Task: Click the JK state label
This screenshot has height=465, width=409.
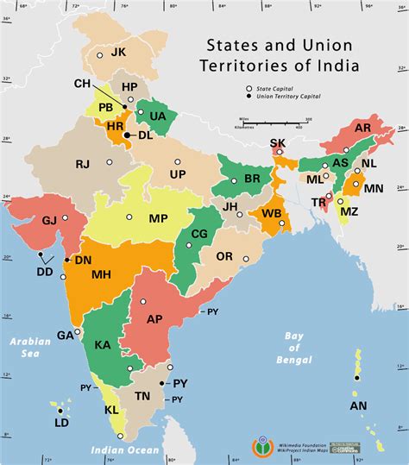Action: [x=118, y=52]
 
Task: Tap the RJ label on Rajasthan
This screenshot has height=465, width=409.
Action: [x=83, y=164]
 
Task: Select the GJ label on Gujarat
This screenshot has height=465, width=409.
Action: [x=49, y=221]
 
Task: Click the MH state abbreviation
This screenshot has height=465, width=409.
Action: [x=101, y=274]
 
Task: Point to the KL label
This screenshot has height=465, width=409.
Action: [x=111, y=411]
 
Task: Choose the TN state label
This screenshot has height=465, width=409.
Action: [x=142, y=395]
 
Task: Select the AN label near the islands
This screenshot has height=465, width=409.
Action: [x=358, y=405]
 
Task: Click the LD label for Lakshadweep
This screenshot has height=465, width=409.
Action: [x=61, y=424]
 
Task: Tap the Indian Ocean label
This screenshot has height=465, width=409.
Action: [x=125, y=450]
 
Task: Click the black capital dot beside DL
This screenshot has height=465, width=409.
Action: [x=127, y=135]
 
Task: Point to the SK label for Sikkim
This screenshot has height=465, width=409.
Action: [x=277, y=143]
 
